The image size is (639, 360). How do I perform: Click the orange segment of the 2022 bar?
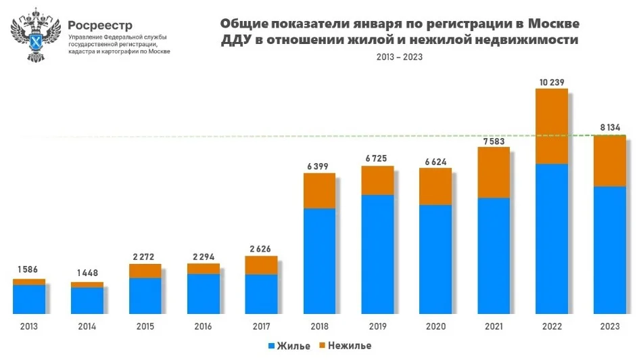pos(552,127)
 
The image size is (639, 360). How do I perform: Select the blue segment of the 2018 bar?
pos(319,261)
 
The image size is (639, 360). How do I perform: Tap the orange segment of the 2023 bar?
pos(610,161)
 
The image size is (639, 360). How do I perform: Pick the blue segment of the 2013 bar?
pos(29,299)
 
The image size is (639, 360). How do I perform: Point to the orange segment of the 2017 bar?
pos(261,265)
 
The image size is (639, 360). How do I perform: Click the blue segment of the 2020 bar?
pos(435,259)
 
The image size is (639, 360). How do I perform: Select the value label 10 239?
pos(551,83)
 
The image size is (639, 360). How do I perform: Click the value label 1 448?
pos(87,273)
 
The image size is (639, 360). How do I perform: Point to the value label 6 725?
pos(377,158)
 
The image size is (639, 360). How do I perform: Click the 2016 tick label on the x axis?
pos(203,326)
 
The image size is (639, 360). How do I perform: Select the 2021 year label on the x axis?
pos(494,326)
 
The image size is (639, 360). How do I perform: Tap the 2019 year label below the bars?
pos(377,326)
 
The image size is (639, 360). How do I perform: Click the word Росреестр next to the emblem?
pos(100,24)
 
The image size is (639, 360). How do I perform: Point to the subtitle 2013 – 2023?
pos(400,57)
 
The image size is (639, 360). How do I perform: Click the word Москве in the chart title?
pos(553,23)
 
